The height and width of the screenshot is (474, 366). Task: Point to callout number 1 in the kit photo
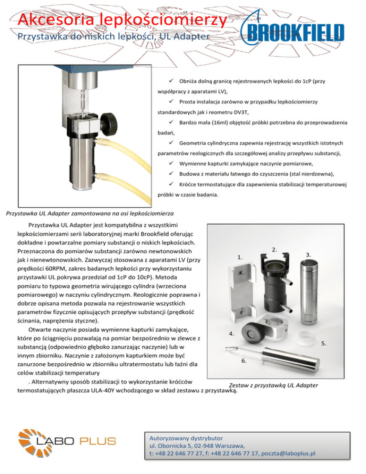coord(240,258)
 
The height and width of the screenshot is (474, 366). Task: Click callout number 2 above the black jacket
coord(274,249)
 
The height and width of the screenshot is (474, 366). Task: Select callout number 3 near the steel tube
coord(309,255)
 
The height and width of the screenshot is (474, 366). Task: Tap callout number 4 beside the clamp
coord(231,334)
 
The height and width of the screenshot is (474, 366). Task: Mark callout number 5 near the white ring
coord(323,343)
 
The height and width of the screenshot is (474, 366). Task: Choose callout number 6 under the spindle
coord(244,361)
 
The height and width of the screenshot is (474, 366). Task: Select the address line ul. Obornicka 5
coord(177,444)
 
